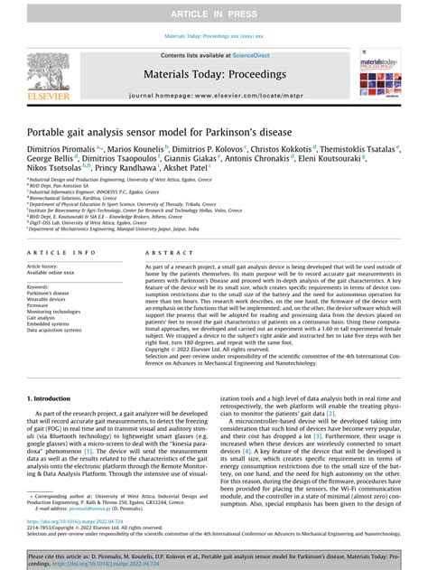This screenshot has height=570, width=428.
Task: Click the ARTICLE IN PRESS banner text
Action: pyautogui.click(x=214, y=10)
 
